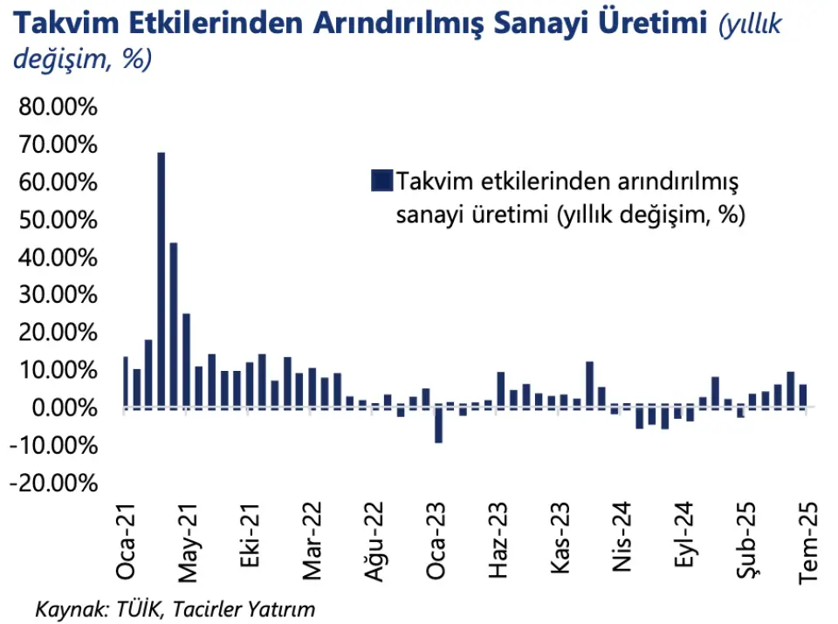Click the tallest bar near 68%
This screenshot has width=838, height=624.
click(x=161, y=279)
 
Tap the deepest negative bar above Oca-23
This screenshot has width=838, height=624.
click(x=438, y=425)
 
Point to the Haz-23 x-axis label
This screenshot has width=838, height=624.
click(x=498, y=541)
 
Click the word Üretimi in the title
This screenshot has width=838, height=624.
click(x=657, y=24)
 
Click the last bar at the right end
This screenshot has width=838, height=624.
click(x=803, y=396)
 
